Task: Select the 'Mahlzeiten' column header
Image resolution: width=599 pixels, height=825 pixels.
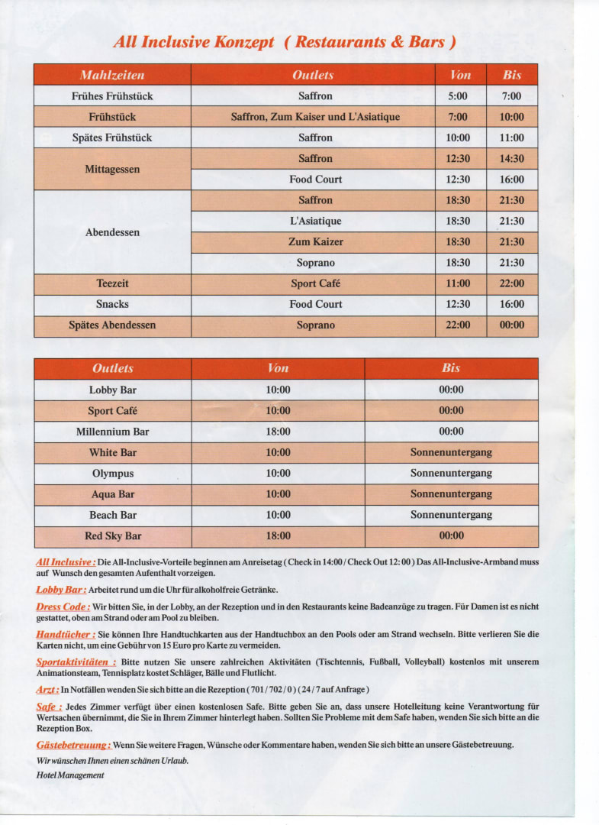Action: tap(112, 75)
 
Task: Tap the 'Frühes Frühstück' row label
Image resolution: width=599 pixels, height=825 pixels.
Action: tap(112, 96)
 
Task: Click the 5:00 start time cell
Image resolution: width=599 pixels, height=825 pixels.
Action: tap(457, 96)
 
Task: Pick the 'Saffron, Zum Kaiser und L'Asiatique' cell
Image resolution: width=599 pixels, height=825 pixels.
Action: tap(315, 117)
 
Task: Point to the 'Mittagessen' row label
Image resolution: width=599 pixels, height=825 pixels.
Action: tap(112, 169)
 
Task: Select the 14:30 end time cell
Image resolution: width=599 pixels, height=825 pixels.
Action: tap(511, 159)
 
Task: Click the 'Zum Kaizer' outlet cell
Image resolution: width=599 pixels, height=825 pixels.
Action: tap(315, 242)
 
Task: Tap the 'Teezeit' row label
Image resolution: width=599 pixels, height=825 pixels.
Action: tap(112, 283)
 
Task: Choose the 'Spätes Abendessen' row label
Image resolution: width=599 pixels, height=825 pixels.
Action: tap(112, 325)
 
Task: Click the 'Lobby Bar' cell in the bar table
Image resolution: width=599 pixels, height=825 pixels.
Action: tap(113, 390)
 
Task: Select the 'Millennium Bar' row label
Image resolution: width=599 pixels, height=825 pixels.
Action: tap(113, 432)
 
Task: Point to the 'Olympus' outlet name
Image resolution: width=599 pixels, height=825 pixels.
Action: tap(113, 474)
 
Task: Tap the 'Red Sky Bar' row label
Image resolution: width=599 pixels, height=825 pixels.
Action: tap(113, 536)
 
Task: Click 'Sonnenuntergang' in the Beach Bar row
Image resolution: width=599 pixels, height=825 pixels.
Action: tap(451, 515)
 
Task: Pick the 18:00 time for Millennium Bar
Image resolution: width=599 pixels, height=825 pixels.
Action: tap(278, 432)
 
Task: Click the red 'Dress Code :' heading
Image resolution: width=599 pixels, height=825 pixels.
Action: tap(63, 607)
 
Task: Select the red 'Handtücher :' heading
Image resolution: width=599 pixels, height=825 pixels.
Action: tap(66, 635)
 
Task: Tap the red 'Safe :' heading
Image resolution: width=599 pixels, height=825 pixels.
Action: tap(50, 707)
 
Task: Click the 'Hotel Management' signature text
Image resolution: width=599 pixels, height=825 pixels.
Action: tap(70, 775)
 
